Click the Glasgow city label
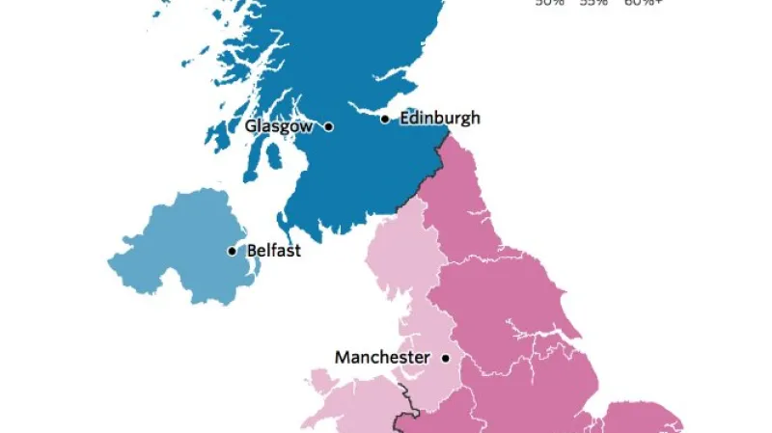[278, 126]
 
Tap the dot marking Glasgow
[329, 126]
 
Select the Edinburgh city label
[438, 119]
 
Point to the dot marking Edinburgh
[384, 119]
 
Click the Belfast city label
[274, 251]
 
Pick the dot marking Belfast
[232, 251]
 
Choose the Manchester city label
[382, 357]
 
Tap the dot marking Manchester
[446, 358]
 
